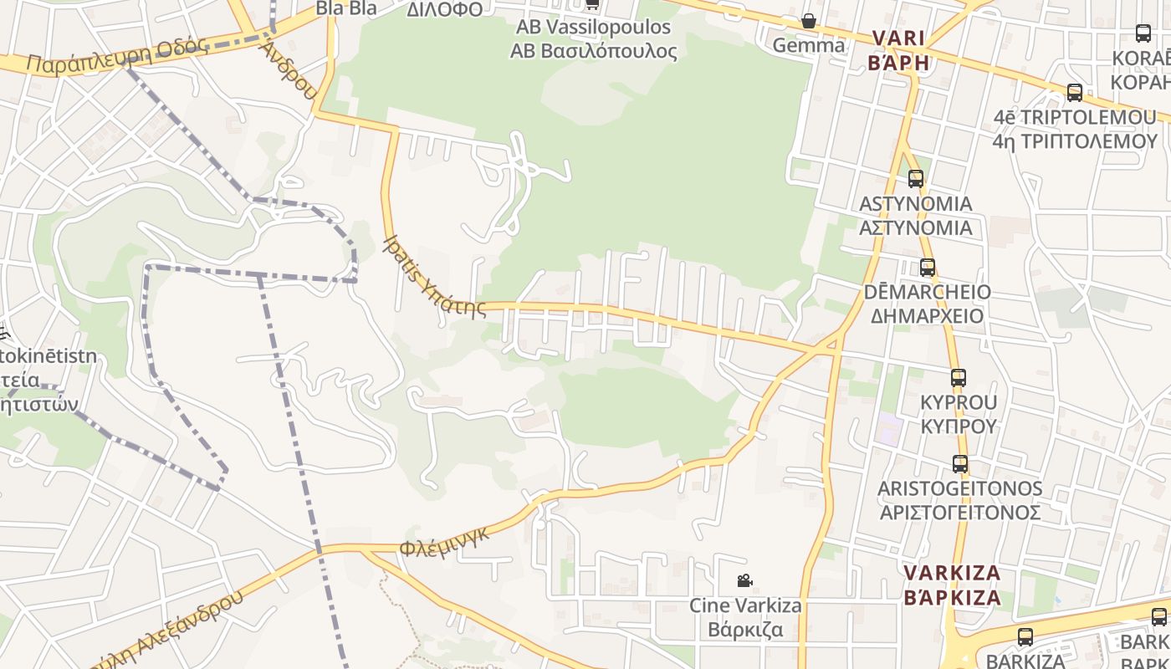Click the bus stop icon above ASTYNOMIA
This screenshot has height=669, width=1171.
tap(916, 178)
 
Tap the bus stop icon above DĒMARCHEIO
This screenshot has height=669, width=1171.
tap(928, 268)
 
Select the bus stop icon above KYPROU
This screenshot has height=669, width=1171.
tap(959, 378)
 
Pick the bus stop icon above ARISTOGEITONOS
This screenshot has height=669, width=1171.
tap(960, 464)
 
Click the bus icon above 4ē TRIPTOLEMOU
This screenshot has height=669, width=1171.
tap(1075, 93)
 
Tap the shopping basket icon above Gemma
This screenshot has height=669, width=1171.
tap(809, 21)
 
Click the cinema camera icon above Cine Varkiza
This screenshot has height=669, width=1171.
tap(744, 580)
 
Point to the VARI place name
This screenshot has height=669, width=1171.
tap(899, 38)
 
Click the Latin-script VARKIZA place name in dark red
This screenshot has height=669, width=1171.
tap(952, 574)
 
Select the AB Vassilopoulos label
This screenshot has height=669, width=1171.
tap(593, 27)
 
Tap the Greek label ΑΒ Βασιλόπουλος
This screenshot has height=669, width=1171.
tap(593, 50)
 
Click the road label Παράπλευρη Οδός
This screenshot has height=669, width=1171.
tap(117, 54)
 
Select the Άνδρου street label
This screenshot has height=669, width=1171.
tap(288, 69)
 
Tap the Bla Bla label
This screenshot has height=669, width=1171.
tap(346, 8)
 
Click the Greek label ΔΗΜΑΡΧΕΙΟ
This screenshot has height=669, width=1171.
tap(928, 316)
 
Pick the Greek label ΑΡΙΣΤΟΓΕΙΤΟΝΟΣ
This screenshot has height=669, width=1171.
tap(959, 512)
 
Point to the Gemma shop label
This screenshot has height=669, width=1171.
tap(809, 45)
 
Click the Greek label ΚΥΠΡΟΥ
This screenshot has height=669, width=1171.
tap(959, 426)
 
